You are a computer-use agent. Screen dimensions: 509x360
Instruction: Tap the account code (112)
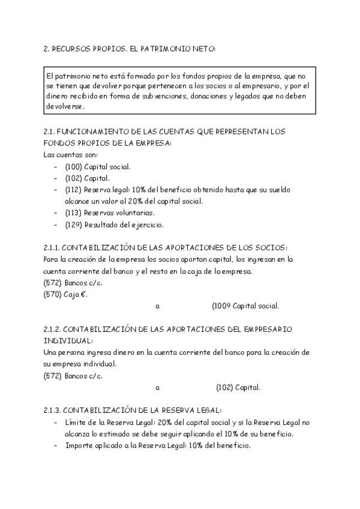tap(74, 190)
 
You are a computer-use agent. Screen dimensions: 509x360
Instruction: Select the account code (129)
tap(74, 225)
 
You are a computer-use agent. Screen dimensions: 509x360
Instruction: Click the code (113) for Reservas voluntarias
tap(74, 212)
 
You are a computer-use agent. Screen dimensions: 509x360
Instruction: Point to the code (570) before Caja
tap(52, 294)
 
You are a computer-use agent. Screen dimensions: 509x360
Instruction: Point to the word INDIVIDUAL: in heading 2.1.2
tap(65, 341)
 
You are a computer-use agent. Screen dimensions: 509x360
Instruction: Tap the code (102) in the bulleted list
tap(74, 178)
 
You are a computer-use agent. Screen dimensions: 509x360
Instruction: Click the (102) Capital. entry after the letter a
tap(238, 387)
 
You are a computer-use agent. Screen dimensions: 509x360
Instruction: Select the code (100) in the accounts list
tap(74, 166)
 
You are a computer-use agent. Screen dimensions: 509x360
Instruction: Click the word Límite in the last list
tap(76, 423)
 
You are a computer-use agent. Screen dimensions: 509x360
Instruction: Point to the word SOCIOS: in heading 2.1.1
tap(274, 248)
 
